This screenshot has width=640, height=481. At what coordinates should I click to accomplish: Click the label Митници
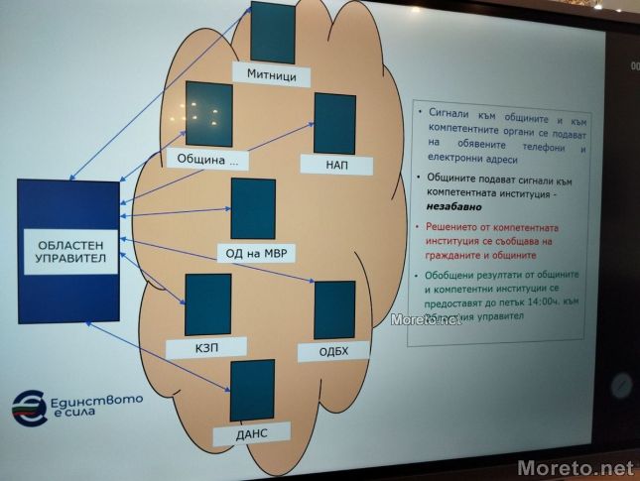271,75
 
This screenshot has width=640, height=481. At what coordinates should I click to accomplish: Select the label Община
207,159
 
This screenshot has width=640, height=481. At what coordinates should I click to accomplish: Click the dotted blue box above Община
208,115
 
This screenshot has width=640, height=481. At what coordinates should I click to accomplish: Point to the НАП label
334,165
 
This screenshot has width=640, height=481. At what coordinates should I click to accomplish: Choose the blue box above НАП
334,124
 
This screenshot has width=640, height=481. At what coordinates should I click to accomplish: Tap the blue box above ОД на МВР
253,208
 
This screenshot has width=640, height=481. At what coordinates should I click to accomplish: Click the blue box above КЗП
208,305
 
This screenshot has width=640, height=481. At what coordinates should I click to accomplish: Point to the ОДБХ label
333,351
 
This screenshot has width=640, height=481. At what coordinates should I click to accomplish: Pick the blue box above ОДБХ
334,309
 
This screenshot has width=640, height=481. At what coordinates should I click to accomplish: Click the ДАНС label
252,432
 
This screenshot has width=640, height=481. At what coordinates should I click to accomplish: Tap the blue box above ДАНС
252,390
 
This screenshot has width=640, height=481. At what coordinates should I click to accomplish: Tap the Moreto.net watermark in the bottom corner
575,466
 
